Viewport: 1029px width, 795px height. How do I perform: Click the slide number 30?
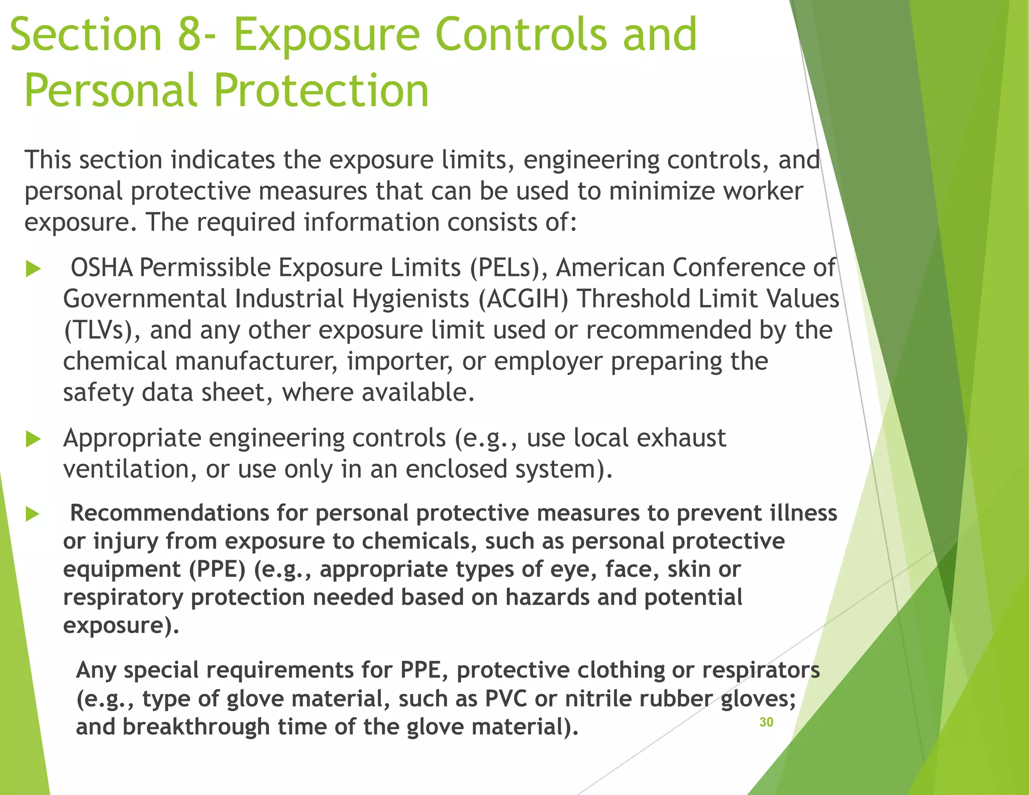[x=766, y=722]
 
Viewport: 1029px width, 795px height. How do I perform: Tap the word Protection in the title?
[x=322, y=90]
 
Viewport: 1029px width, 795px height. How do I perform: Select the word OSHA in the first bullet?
[x=101, y=267]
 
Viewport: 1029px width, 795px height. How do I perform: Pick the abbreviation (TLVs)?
[x=98, y=330]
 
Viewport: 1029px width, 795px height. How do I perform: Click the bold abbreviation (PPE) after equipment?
[x=218, y=569]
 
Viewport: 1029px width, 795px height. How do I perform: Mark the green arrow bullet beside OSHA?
[x=33, y=268]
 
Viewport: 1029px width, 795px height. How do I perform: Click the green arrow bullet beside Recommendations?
[x=33, y=514]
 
